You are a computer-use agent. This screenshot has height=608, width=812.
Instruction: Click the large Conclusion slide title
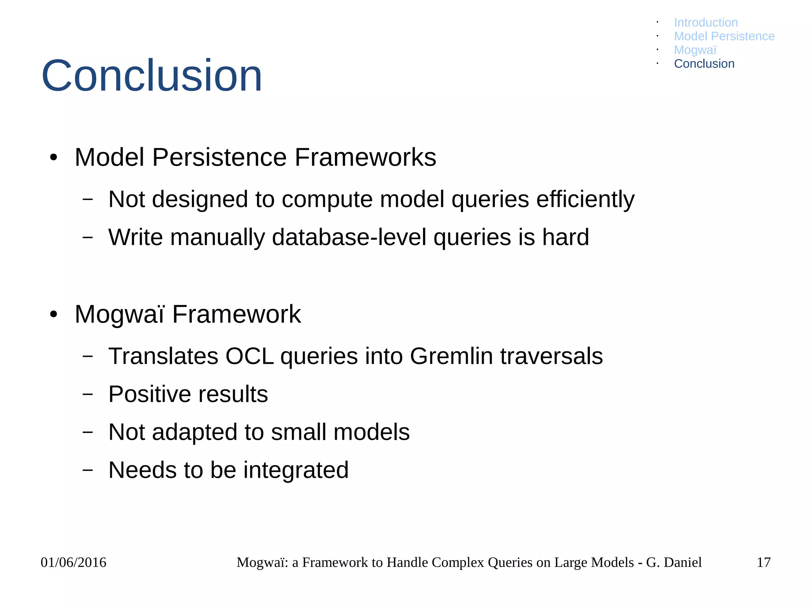click(151, 75)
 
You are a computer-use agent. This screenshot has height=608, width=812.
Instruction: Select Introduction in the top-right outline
click(706, 23)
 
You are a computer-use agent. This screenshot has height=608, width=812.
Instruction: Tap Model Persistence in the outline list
click(724, 36)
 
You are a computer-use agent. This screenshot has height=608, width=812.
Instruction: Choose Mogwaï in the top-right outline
click(695, 50)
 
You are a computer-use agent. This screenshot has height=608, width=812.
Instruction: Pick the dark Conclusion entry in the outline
click(704, 64)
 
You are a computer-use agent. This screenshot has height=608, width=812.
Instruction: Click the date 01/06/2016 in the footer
click(73, 562)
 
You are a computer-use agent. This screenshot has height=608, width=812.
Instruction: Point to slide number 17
click(763, 562)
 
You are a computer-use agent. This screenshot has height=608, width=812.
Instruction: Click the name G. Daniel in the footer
click(674, 562)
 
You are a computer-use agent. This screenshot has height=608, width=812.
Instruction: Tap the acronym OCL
click(249, 356)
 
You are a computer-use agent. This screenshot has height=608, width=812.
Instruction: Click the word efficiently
click(585, 199)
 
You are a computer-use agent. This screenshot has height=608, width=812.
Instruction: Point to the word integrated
click(296, 470)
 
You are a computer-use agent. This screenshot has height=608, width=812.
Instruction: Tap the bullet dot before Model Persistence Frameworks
click(54, 158)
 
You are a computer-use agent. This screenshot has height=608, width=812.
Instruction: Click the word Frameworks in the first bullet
click(365, 157)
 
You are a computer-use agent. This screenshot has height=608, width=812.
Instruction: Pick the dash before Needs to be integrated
click(88, 470)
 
